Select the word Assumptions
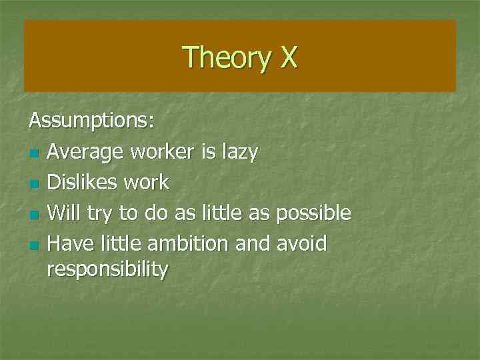pyautogui.click(x=91, y=121)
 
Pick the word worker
pyautogui.click(x=162, y=152)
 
